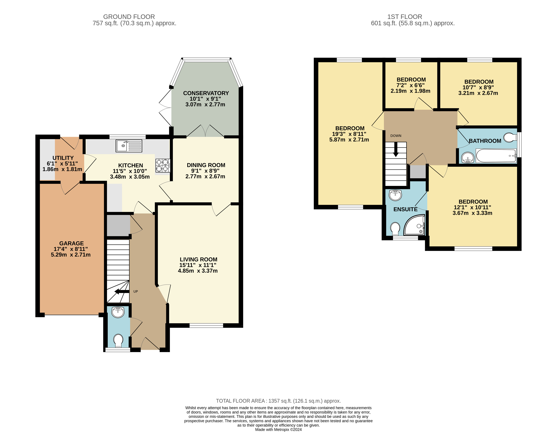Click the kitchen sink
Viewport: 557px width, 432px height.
point(129,146)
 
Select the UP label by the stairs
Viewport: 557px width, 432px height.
point(136,291)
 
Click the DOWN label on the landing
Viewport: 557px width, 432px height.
point(396,136)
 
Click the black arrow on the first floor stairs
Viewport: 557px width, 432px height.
point(396,150)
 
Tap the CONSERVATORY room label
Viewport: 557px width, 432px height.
point(206,93)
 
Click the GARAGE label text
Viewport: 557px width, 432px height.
point(71,243)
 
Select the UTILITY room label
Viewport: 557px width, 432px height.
point(63,158)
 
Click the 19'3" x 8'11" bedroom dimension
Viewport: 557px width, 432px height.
point(349,134)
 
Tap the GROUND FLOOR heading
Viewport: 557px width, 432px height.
point(129,17)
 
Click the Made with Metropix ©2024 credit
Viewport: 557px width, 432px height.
point(279,429)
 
